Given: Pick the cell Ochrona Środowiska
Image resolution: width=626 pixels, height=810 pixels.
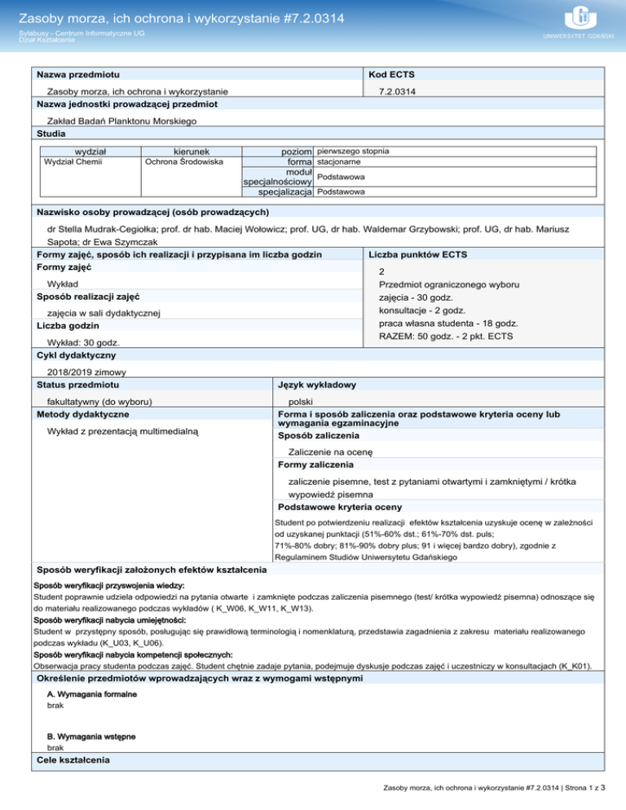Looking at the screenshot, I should pyautogui.click(x=183, y=162).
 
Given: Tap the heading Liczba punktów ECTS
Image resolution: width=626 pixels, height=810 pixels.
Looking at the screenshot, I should pyautogui.click(x=418, y=254).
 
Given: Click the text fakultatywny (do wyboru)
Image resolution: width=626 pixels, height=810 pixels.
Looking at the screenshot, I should pyautogui.click(x=101, y=401).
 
